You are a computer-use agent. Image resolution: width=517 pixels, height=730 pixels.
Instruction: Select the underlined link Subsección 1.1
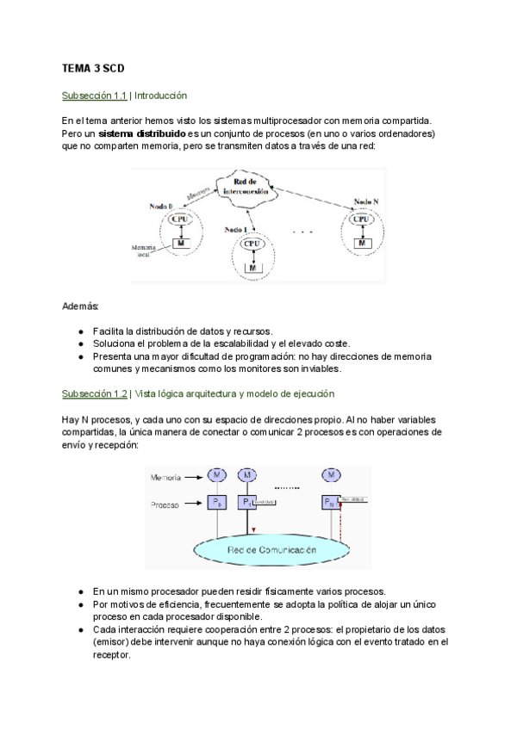94,96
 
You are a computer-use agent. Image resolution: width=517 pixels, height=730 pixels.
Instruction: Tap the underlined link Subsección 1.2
94,393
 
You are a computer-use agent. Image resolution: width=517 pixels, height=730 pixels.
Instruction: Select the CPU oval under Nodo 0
181,220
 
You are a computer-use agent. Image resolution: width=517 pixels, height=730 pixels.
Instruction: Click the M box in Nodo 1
252,268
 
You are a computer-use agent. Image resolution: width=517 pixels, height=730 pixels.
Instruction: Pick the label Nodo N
366,202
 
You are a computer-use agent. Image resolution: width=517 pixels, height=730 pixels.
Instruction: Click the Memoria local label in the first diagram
143,251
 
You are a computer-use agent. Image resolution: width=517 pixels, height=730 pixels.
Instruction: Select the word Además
81,306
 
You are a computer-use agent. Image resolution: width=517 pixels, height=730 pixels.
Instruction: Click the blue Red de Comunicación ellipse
271,548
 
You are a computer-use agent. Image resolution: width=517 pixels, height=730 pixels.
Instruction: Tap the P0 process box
216,502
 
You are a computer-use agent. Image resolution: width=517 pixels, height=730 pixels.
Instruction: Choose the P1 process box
247,502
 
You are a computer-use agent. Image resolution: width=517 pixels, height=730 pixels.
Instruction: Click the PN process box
330,502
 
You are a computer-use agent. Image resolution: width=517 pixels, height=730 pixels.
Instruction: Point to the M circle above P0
216,475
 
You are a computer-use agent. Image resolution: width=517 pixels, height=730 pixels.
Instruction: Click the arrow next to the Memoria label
194,476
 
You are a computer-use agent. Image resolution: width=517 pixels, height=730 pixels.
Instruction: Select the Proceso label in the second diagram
165,505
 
